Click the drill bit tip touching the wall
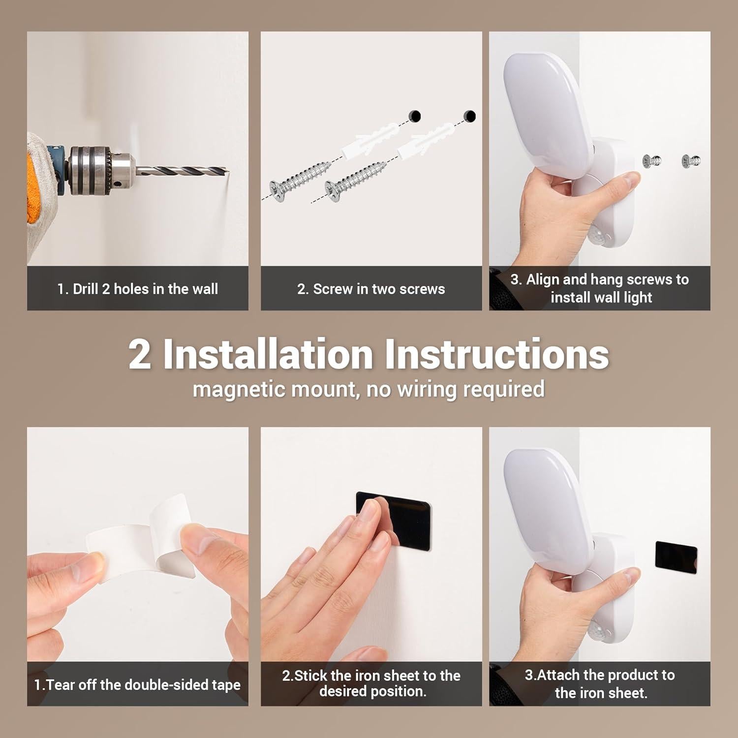coord(228,172)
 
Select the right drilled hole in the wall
coord(470,116)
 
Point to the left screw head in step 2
coord(278,191)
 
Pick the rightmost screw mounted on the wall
coord(691,160)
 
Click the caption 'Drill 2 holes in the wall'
coord(138,289)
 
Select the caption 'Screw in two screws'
coord(371,289)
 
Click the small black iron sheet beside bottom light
coord(676,554)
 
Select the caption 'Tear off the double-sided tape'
coord(138,684)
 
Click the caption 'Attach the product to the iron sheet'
coord(600,683)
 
